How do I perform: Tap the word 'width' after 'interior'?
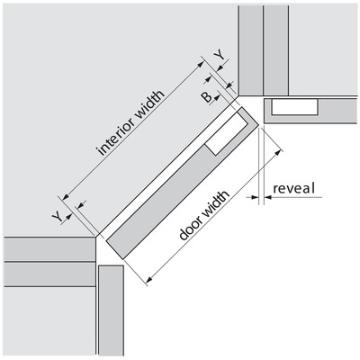150,103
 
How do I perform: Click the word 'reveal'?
294,189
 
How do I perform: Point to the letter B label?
207,97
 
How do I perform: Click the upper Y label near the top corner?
220,56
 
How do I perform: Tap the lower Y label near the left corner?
57,217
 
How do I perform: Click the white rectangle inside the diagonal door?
228,133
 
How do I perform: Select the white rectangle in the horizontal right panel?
294,107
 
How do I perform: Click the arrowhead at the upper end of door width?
279,153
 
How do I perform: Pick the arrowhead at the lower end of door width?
149,280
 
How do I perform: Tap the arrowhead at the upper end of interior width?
201,64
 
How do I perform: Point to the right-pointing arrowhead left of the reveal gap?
255,197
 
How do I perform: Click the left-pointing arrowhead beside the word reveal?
268,197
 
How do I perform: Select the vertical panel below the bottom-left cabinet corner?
111,310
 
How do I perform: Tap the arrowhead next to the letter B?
218,96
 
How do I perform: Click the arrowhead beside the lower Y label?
69,216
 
